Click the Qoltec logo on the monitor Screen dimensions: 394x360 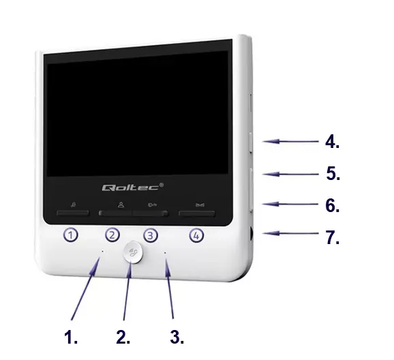133,187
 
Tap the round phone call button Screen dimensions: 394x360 133,252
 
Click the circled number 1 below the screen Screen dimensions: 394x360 70,235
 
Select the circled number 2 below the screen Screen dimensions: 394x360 112,235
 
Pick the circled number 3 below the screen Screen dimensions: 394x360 151,236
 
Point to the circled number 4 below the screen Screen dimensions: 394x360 196,236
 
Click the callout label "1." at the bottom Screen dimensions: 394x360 71,337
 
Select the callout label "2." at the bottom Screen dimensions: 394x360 123,337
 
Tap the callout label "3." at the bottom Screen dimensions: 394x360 177,337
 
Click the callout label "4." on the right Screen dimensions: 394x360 332,142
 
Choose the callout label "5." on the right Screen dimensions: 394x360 333,173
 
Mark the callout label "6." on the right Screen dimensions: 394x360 332,205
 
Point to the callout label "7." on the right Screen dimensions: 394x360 333,237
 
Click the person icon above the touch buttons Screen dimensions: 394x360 121,205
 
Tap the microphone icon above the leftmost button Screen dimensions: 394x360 73,205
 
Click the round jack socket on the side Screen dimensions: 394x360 251,234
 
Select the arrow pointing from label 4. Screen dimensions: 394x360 290,142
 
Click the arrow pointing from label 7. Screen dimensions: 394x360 290,234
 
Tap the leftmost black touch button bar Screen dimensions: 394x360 73,213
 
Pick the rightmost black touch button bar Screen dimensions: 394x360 197,213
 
